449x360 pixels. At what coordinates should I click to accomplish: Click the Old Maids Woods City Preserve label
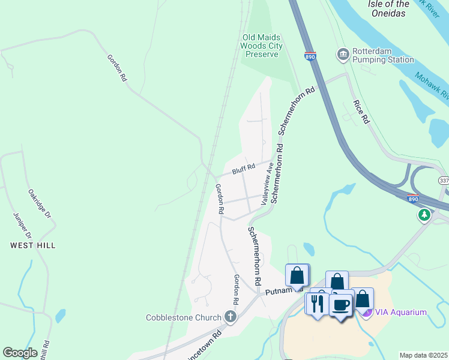(261, 46)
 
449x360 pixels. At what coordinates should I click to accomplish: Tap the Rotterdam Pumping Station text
(383, 55)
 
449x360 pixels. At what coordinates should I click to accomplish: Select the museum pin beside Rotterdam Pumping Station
(343, 55)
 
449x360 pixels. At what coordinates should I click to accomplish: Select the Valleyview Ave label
(267, 184)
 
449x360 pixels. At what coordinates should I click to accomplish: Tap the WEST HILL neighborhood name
(32, 245)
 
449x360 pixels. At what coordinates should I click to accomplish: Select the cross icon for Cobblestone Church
(229, 316)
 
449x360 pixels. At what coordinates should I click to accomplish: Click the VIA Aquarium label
(401, 312)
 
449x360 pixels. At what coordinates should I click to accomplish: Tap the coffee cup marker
(342, 304)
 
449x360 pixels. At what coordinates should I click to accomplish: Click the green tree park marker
(424, 214)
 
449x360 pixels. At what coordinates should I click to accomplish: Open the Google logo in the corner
(20, 353)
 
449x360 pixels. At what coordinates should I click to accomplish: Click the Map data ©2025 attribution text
(423, 355)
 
